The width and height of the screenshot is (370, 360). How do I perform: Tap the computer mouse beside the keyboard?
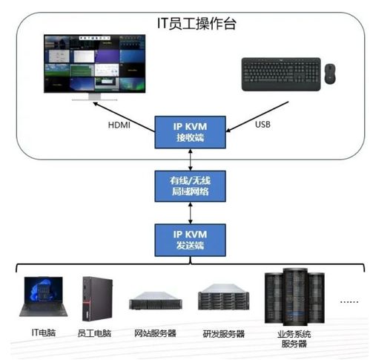click(328, 73)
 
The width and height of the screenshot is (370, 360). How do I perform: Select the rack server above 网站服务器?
click(154, 302)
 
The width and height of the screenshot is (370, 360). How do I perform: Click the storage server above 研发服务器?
click(221, 300)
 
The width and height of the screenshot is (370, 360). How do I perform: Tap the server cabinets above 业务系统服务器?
click(294, 296)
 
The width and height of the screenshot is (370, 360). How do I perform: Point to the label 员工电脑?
click(96, 333)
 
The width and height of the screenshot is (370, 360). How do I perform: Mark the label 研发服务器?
click(223, 333)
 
